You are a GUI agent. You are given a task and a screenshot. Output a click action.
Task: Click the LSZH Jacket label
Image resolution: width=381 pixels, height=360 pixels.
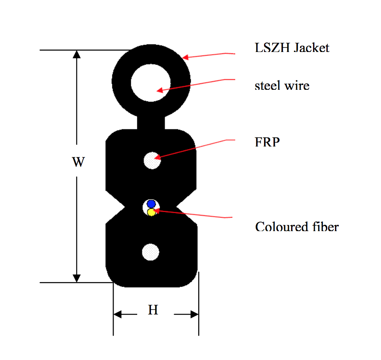[x=292, y=48]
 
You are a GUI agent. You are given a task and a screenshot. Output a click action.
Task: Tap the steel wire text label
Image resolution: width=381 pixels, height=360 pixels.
[x=282, y=85]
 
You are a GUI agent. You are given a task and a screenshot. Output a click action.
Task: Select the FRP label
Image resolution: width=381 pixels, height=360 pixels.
[x=267, y=142]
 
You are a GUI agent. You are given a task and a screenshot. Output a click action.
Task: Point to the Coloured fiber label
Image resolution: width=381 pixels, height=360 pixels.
[x=297, y=227]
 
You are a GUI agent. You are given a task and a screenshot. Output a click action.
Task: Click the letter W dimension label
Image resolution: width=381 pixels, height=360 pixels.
[x=79, y=162]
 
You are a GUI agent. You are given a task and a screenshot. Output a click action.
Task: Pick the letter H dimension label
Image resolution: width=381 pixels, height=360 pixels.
[x=153, y=310]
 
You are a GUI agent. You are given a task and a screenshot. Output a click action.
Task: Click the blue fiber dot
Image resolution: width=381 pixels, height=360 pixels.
[x=151, y=204]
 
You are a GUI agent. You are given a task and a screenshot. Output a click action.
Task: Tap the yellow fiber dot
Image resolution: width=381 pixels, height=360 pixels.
[x=151, y=212]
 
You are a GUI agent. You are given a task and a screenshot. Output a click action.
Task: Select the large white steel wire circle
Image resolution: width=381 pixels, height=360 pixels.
[x=151, y=83]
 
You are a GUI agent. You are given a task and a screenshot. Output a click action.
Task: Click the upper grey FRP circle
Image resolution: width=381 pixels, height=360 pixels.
[x=152, y=161]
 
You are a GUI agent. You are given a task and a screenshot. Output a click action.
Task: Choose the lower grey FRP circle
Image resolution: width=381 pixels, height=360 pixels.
[x=151, y=252]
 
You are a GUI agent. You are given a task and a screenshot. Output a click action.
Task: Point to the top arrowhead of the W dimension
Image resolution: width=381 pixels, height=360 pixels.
[x=77, y=54]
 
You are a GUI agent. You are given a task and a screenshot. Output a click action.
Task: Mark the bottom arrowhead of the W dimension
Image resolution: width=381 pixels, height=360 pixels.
[x=77, y=278]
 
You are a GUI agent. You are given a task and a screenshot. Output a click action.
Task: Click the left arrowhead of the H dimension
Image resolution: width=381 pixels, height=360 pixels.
[x=117, y=314]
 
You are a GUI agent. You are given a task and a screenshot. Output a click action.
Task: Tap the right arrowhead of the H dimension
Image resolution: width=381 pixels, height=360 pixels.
[x=195, y=314]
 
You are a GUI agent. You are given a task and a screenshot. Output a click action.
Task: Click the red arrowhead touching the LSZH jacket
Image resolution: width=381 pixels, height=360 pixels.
[x=185, y=57]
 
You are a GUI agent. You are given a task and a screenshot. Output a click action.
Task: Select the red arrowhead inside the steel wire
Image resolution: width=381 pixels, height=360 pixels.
[x=160, y=90]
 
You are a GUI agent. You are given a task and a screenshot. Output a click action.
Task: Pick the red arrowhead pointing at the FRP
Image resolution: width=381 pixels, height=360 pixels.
[x=157, y=157]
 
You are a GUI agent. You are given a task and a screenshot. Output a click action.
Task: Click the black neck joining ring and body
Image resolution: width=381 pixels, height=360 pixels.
[x=151, y=122]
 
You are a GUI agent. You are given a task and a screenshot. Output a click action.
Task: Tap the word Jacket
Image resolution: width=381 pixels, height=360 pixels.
[x=311, y=48]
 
